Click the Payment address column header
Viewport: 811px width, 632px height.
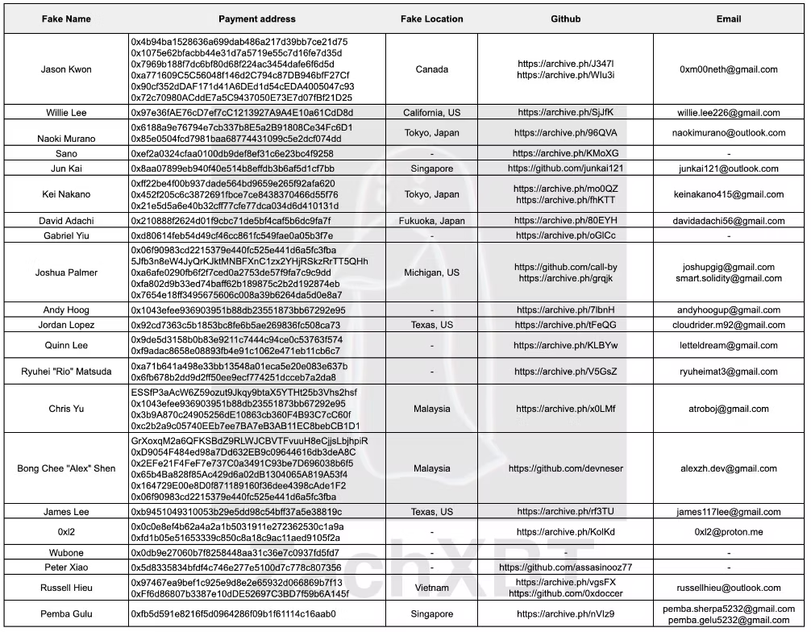point(256,19)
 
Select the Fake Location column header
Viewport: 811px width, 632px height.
point(431,19)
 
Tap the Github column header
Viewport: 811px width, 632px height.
point(565,19)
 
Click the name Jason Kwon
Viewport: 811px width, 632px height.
point(66,69)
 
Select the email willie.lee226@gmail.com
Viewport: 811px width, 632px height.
point(728,113)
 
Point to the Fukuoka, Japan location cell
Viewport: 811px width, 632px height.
point(431,221)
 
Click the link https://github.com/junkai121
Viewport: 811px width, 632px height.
point(565,168)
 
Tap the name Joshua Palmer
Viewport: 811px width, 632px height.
point(66,272)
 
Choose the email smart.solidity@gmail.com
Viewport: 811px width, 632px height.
point(728,278)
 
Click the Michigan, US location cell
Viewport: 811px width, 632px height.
point(431,272)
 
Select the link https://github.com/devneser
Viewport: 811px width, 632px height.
point(565,468)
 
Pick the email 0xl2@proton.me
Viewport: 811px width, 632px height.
point(728,532)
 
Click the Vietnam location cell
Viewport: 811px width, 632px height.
point(431,588)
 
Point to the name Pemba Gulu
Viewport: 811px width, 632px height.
point(66,614)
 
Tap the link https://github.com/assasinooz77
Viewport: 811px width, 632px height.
point(565,568)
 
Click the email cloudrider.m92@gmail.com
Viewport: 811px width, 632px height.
point(728,325)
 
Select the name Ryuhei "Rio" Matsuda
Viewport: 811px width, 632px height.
point(66,372)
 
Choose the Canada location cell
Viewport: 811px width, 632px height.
point(431,69)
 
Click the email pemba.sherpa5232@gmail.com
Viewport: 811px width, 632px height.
point(728,609)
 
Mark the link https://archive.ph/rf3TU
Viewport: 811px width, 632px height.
point(565,512)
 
